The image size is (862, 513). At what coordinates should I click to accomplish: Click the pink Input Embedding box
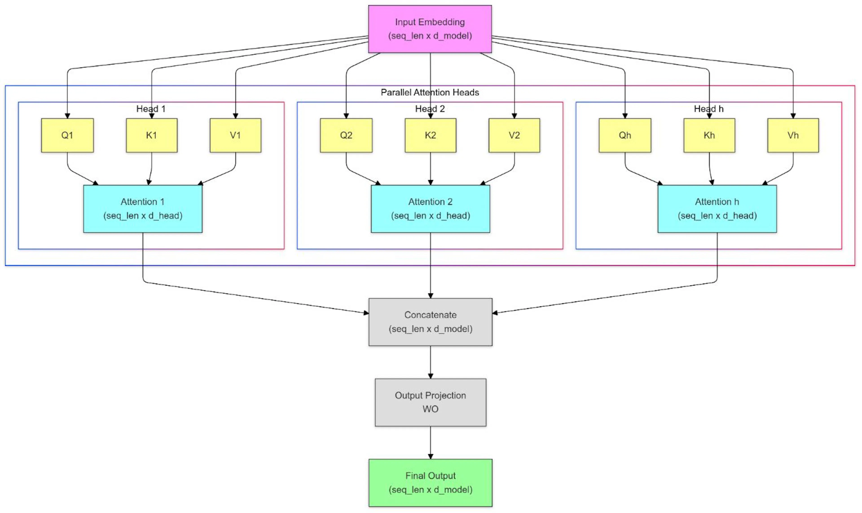pyautogui.click(x=430, y=29)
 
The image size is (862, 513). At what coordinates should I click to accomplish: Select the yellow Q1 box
pyautogui.click(x=67, y=135)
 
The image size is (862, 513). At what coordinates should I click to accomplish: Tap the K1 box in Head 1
pyautogui.click(x=152, y=135)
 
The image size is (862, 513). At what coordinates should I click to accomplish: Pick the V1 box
pyautogui.click(x=236, y=135)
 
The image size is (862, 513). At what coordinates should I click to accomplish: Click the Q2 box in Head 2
pyautogui.click(x=346, y=135)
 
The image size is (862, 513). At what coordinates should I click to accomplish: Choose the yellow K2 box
pyautogui.click(x=431, y=135)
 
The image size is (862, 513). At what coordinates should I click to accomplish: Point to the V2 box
pyautogui.click(x=514, y=135)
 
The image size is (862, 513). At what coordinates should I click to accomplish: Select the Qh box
pyautogui.click(x=625, y=135)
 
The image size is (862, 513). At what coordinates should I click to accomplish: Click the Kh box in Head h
pyautogui.click(x=709, y=135)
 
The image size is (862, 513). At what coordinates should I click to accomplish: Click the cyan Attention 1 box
pyautogui.click(x=143, y=209)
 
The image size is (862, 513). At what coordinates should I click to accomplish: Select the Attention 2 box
pyautogui.click(x=431, y=209)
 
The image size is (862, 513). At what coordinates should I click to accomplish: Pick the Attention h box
pyautogui.click(x=717, y=209)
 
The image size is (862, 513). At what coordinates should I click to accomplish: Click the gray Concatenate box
pyautogui.click(x=431, y=322)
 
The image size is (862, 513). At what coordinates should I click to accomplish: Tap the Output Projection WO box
pyautogui.click(x=431, y=402)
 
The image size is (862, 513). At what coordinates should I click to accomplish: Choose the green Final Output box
pyautogui.click(x=431, y=483)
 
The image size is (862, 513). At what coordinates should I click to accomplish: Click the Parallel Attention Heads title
pyautogui.click(x=430, y=92)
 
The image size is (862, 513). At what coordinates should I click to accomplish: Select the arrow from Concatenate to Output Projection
pyautogui.click(x=431, y=362)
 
